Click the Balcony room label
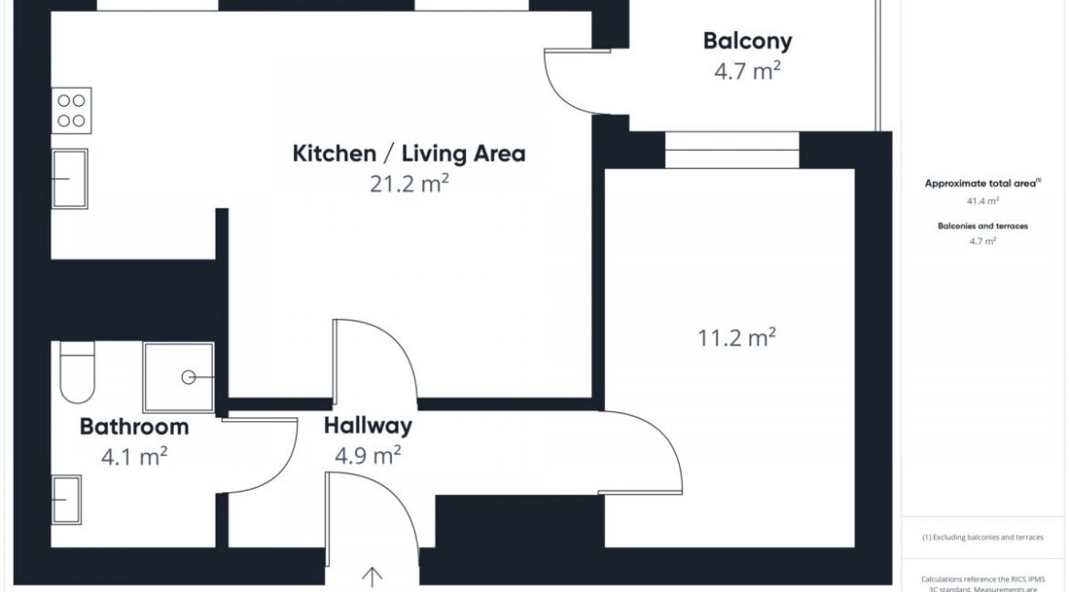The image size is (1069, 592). point(747,41)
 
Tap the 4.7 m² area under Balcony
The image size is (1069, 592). point(747,70)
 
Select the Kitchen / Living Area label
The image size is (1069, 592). point(409,153)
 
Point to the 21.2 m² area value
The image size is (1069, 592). point(409,184)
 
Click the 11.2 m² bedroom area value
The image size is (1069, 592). point(736,337)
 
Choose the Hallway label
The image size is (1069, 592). point(367,426)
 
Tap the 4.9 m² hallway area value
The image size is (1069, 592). point(367,455)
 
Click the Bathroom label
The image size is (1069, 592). point(134,427)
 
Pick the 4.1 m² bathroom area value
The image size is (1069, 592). point(134,456)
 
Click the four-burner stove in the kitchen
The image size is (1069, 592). point(71,111)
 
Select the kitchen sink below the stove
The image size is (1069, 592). point(69,179)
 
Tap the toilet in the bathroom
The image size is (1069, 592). point(77,373)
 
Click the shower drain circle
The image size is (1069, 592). point(188,377)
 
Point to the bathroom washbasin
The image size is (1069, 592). point(67,500)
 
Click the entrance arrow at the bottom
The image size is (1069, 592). point(372,577)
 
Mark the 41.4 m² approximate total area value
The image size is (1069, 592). point(982,201)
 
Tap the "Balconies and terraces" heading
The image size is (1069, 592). point(982,226)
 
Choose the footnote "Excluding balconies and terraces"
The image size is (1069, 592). point(982,537)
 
